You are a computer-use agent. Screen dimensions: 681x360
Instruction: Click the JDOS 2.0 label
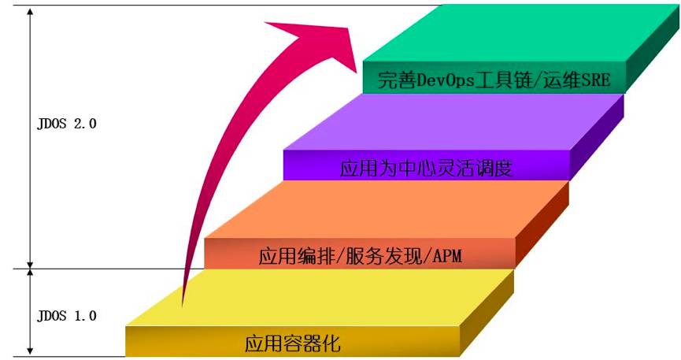coord(66,124)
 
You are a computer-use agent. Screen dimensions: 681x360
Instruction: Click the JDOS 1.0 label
coord(66,316)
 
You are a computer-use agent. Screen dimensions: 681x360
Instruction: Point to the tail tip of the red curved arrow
coord(183,304)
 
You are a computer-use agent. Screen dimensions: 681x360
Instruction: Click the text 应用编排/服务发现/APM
coord(358,256)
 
